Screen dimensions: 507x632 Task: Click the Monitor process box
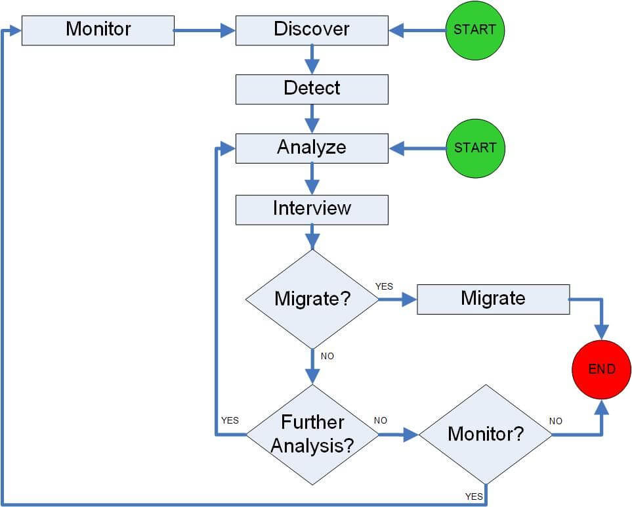point(98,30)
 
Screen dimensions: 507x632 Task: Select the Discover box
point(312,30)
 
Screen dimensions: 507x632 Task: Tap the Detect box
point(312,89)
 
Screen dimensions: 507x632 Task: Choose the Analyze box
point(312,148)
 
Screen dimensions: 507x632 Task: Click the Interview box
point(312,209)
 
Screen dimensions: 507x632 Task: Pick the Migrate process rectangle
point(493,299)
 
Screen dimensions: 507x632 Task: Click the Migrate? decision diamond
point(312,299)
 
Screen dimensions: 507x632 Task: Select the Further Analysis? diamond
point(312,434)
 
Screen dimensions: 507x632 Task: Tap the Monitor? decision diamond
point(486,434)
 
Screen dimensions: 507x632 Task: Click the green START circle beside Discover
point(474,30)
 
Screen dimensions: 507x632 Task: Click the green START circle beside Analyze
point(474,148)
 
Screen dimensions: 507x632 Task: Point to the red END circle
point(601,369)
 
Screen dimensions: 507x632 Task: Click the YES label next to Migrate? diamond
point(384,286)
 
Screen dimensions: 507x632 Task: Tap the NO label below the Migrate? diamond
point(327,356)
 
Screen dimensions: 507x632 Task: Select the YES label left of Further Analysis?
point(230,420)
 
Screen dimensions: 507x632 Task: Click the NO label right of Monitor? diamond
point(555,421)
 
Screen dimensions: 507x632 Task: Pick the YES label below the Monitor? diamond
point(474,496)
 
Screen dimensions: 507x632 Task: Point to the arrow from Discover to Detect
point(312,60)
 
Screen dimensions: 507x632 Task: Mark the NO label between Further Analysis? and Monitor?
point(381,420)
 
